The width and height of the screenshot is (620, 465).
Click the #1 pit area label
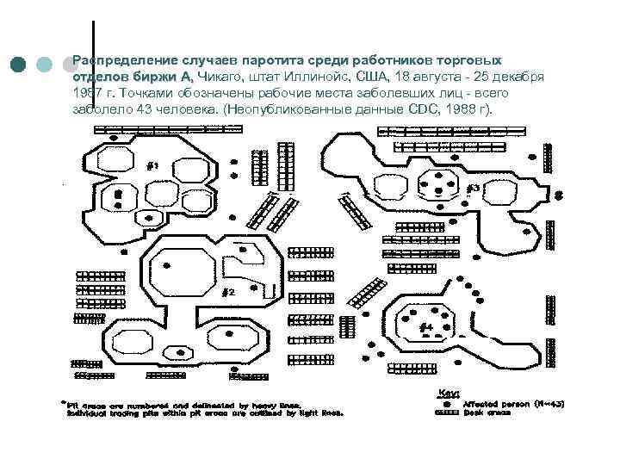[x=152, y=167]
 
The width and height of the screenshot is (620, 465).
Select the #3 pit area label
[x=473, y=189]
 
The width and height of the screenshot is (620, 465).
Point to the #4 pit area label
[x=425, y=328]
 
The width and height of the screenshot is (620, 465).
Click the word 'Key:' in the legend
[x=451, y=391]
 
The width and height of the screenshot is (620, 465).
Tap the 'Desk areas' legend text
[x=487, y=412]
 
